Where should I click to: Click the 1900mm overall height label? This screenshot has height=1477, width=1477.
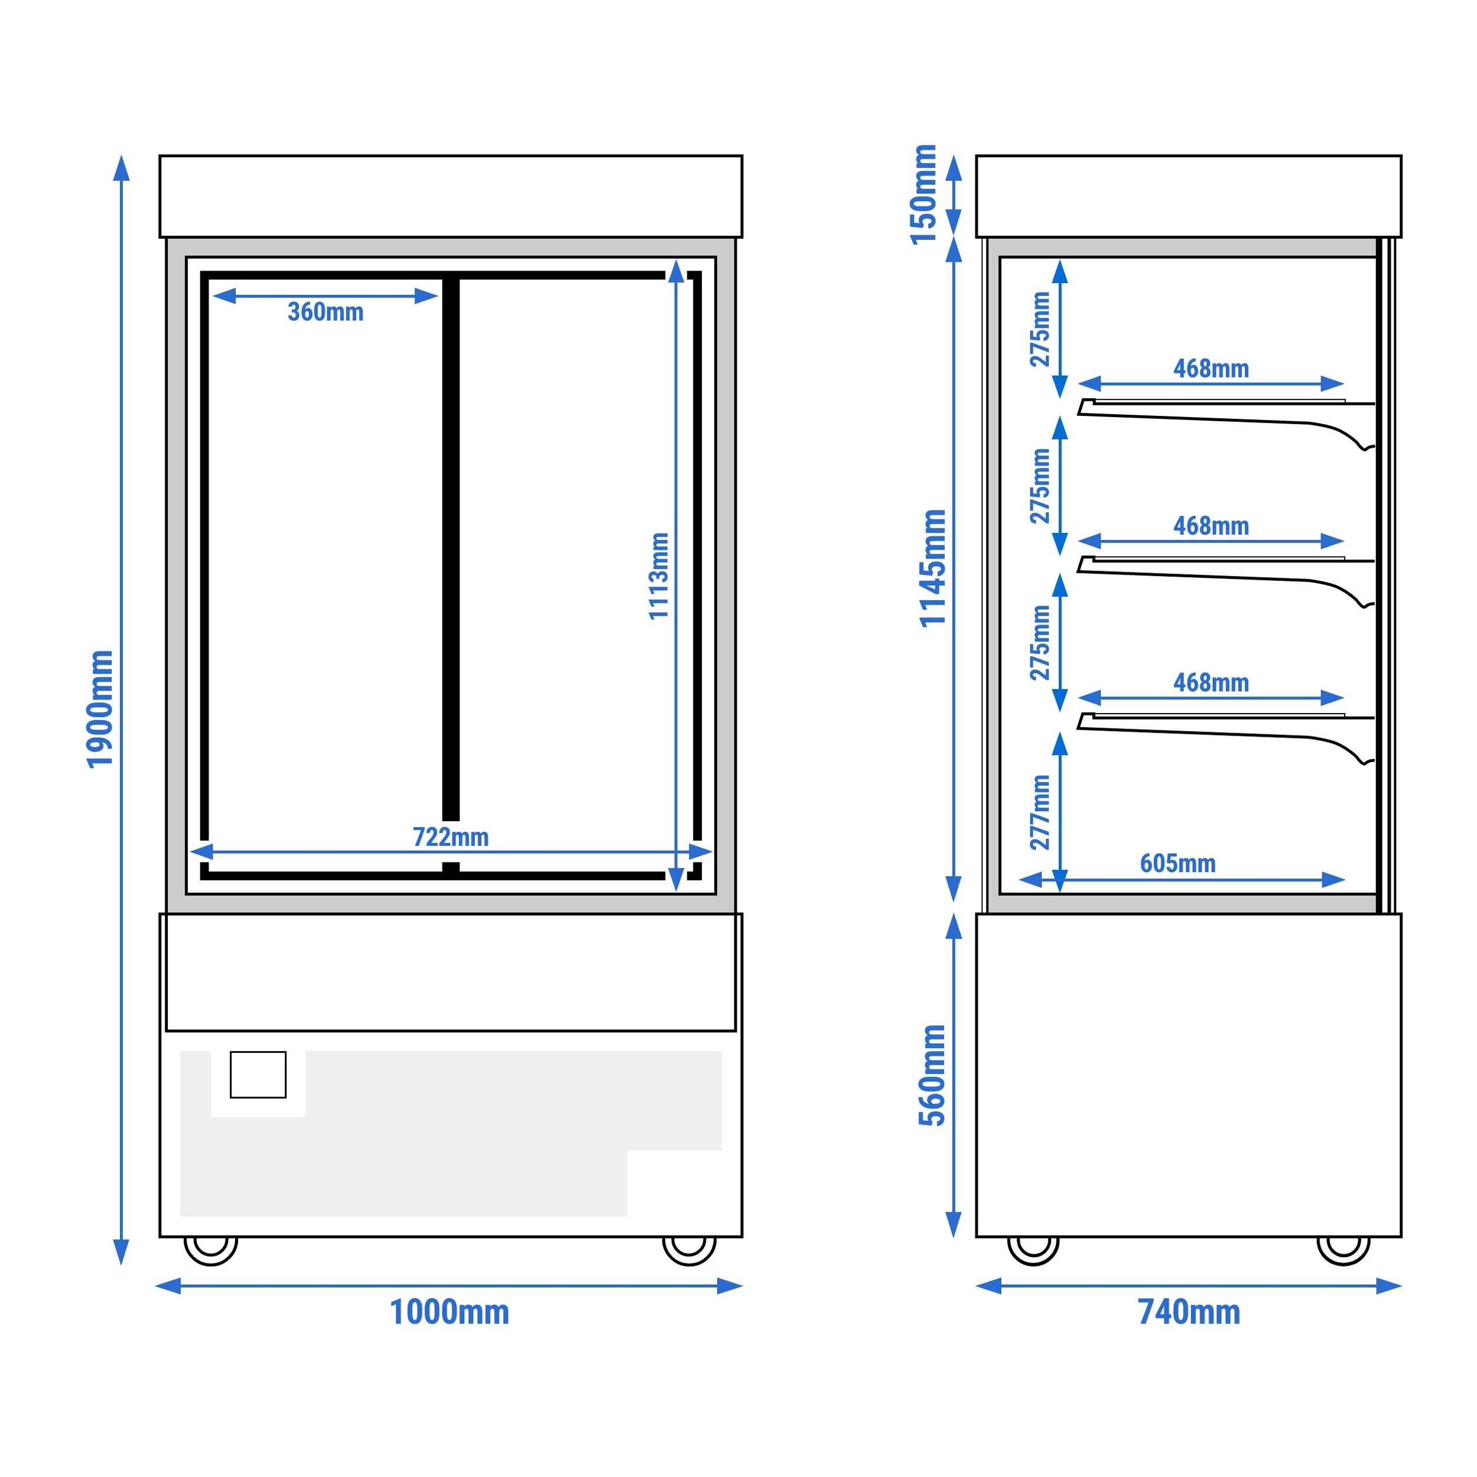[x=100, y=709]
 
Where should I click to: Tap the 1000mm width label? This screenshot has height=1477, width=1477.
[x=450, y=1312]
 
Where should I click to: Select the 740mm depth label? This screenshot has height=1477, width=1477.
[x=1189, y=1312]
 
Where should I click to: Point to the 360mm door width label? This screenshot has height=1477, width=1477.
[x=326, y=312]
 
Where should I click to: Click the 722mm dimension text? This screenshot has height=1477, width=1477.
[x=451, y=837]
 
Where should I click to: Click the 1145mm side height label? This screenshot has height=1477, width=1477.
[x=933, y=568]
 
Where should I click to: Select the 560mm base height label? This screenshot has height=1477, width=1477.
[x=933, y=1075]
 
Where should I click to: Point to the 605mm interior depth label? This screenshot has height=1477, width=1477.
[x=1178, y=864]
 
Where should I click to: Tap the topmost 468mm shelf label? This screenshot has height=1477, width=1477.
[x=1212, y=369]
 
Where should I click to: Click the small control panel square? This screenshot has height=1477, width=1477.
[x=258, y=1075]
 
